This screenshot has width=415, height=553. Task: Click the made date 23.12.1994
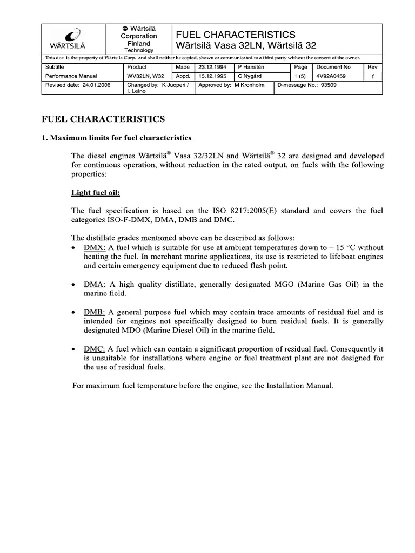point(213,67)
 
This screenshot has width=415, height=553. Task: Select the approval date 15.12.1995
point(213,76)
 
